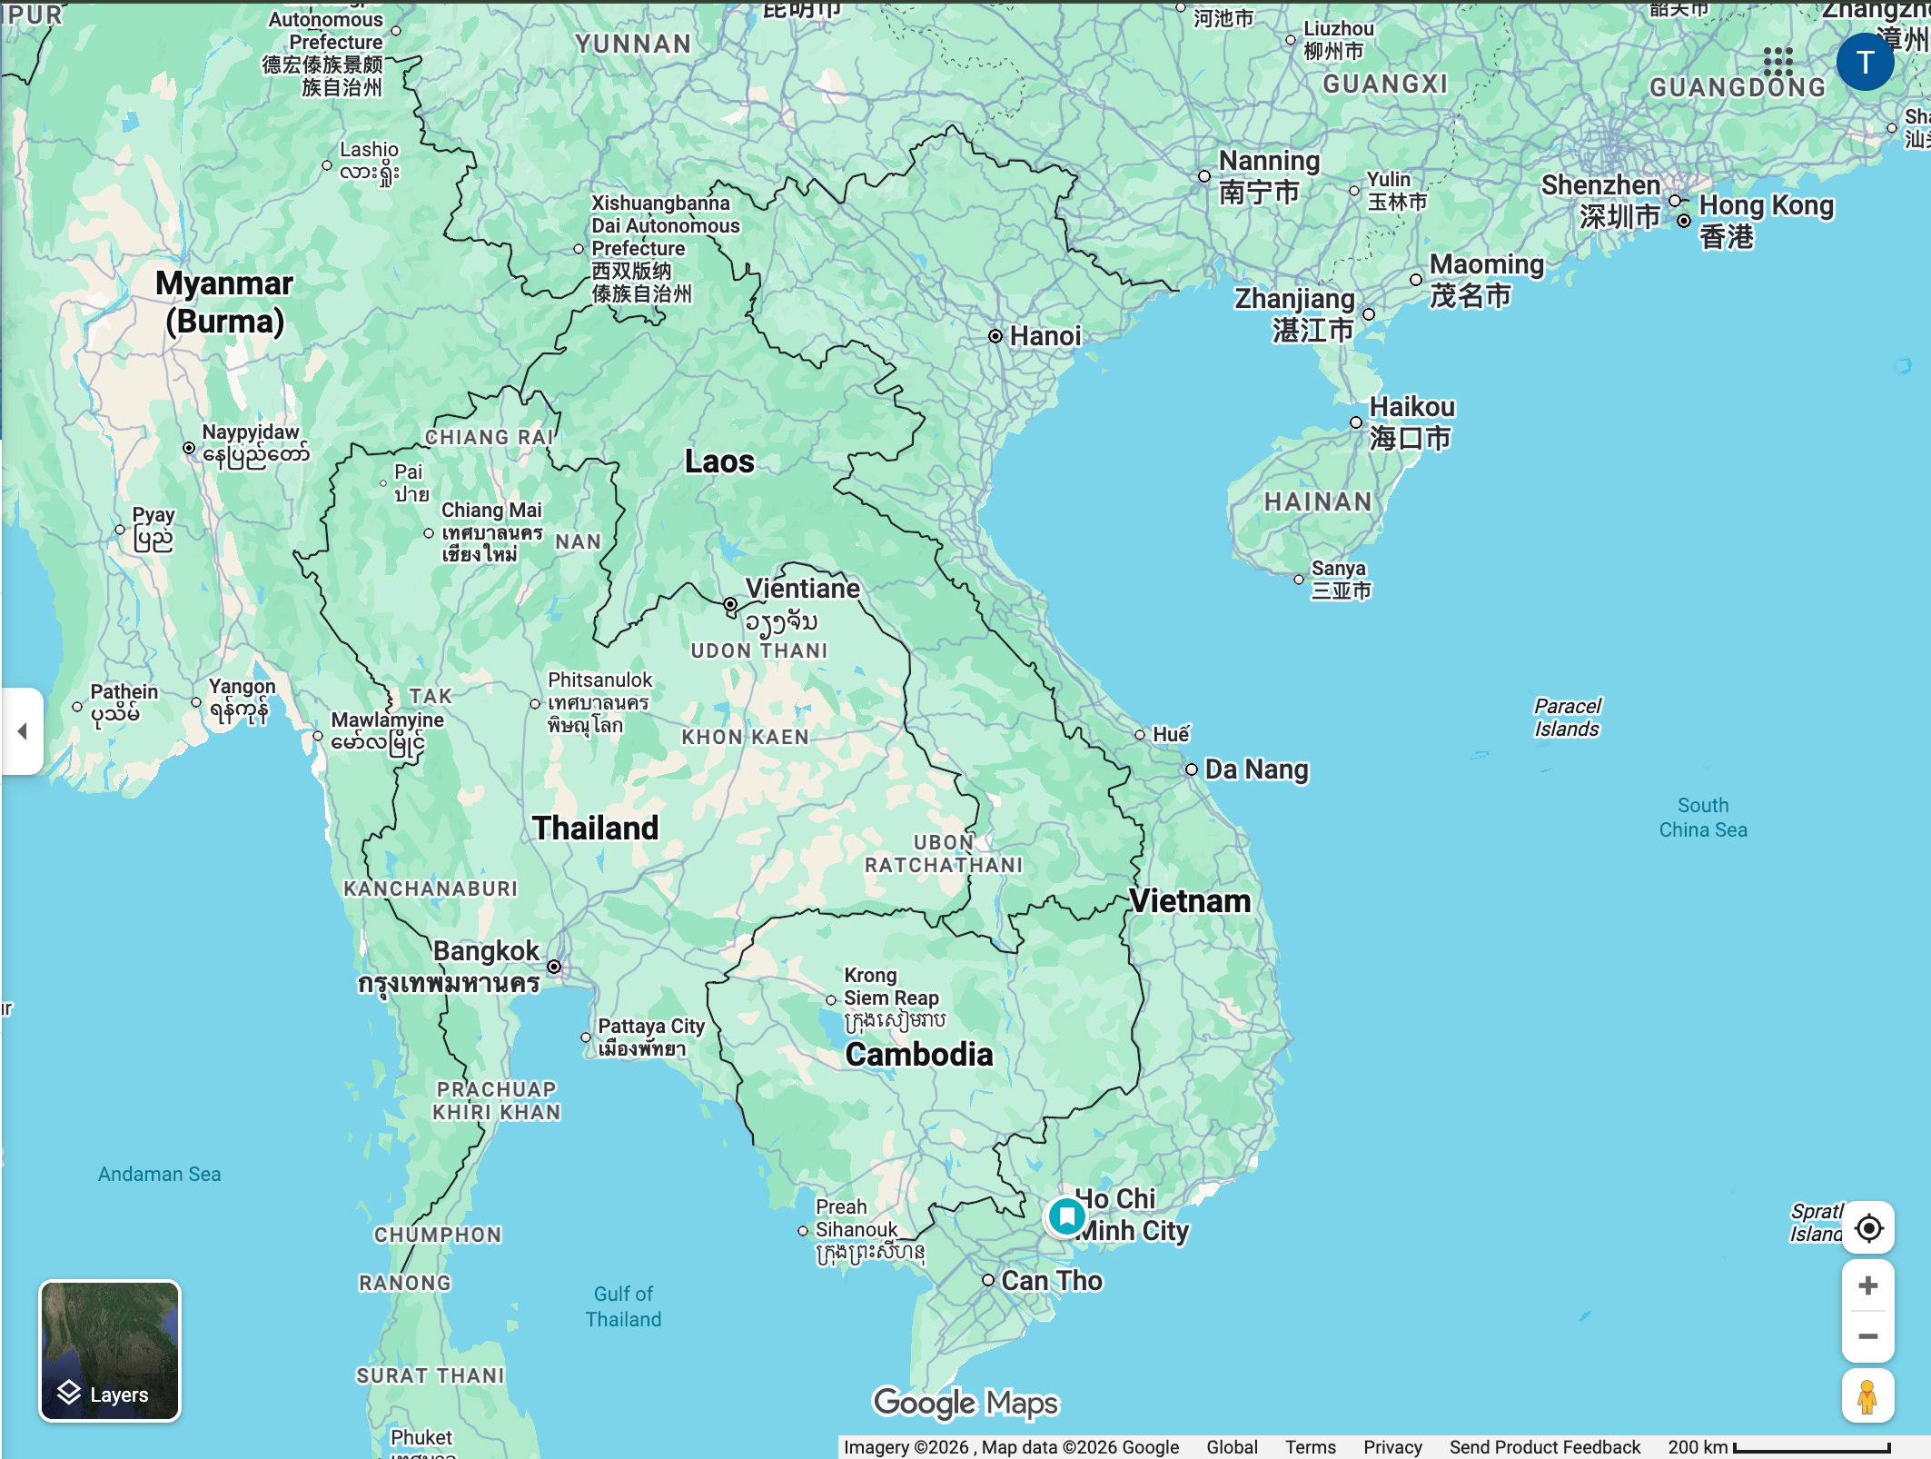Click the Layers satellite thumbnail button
pyautogui.click(x=110, y=1350)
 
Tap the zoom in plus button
pyautogui.click(x=1867, y=1285)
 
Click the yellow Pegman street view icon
pyautogui.click(x=1867, y=1396)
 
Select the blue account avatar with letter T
pyautogui.click(x=1865, y=62)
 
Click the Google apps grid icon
pyautogui.click(x=1778, y=62)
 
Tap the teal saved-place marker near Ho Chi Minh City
pyautogui.click(x=1066, y=1216)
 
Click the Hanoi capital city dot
pyautogui.click(x=995, y=336)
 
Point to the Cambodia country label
pyautogui.click(x=919, y=1055)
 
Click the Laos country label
pyautogui.click(x=719, y=462)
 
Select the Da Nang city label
pyautogui.click(x=1256, y=769)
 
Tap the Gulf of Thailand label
pyautogui.click(x=623, y=1306)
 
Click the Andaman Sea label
pyautogui.click(x=159, y=1174)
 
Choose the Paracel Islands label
pyautogui.click(x=1567, y=717)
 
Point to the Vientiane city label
pyautogui.click(x=802, y=589)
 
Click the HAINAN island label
pyautogui.click(x=1318, y=501)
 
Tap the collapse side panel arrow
pyautogui.click(x=22, y=731)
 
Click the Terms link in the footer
pyautogui.click(x=1310, y=1446)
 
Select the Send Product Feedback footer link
pyautogui.click(x=1544, y=1446)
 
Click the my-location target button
pyautogui.click(x=1867, y=1228)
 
